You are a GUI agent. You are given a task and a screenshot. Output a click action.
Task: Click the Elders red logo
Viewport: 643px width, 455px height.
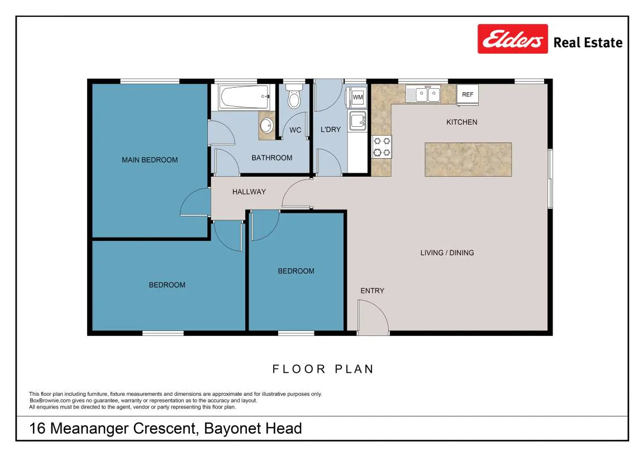point(513,39)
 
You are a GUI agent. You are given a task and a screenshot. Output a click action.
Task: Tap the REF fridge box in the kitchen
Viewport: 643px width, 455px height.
point(468,94)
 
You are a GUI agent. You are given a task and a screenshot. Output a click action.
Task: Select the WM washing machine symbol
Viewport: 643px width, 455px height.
point(358,97)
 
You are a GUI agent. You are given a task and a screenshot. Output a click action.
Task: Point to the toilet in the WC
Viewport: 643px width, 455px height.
point(294,96)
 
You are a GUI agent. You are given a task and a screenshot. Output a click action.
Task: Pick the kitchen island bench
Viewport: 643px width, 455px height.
point(468,160)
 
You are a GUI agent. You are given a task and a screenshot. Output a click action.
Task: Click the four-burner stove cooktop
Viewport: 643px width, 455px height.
point(382,147)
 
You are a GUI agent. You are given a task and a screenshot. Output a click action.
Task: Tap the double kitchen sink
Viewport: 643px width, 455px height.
point(423,94)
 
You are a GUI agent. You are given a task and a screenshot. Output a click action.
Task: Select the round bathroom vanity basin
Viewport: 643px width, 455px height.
point(267,126)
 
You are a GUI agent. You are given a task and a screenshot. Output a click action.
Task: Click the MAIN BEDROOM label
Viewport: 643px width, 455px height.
point(150,160)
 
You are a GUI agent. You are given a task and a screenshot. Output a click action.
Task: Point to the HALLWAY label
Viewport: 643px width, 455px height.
point(249,192)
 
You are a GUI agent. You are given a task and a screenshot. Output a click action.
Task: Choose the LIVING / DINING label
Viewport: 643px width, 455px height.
point(447,253)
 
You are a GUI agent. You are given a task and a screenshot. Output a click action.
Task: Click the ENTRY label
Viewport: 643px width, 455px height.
point(373,291)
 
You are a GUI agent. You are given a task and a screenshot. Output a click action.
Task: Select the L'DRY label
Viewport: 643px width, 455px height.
point(331,130)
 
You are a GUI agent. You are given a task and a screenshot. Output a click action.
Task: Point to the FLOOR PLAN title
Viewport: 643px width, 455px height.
point(323,369)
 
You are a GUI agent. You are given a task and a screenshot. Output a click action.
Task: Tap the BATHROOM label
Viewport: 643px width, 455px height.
point(272,158)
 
